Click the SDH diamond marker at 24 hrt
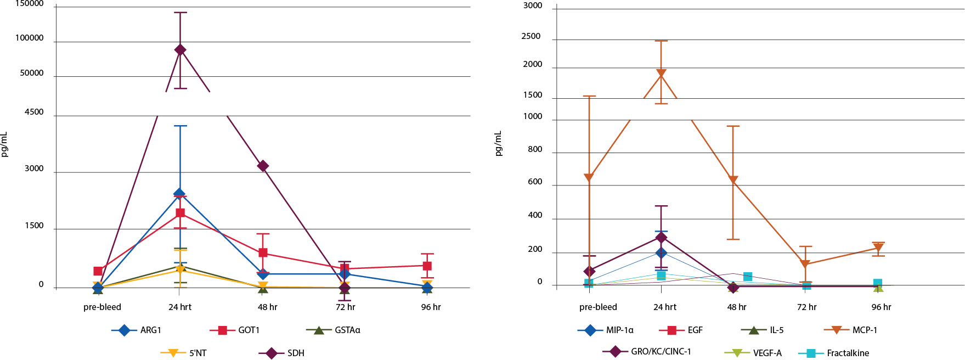[180, 50]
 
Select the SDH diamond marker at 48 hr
[263, 166]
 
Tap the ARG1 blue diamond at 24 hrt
[179, 194]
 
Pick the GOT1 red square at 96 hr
[427, 266]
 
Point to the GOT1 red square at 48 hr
[263, 253]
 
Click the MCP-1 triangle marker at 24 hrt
[661, 74]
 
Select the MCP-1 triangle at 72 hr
[805, 265]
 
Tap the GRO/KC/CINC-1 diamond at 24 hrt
[661, 238]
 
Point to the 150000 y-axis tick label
[30, 4]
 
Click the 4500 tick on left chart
[34, 112]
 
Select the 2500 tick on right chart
[531, 36]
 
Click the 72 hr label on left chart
[346, 307]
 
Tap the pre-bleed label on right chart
[598, 307]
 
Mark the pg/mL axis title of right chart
[498, 144]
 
